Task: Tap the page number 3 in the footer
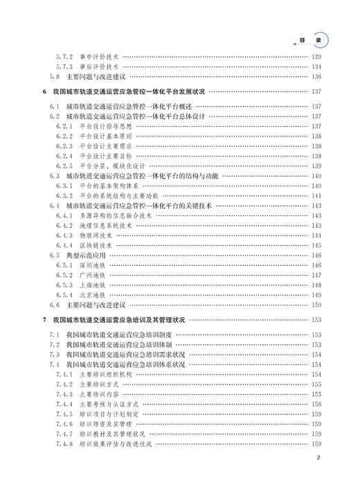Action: [317, 458]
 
